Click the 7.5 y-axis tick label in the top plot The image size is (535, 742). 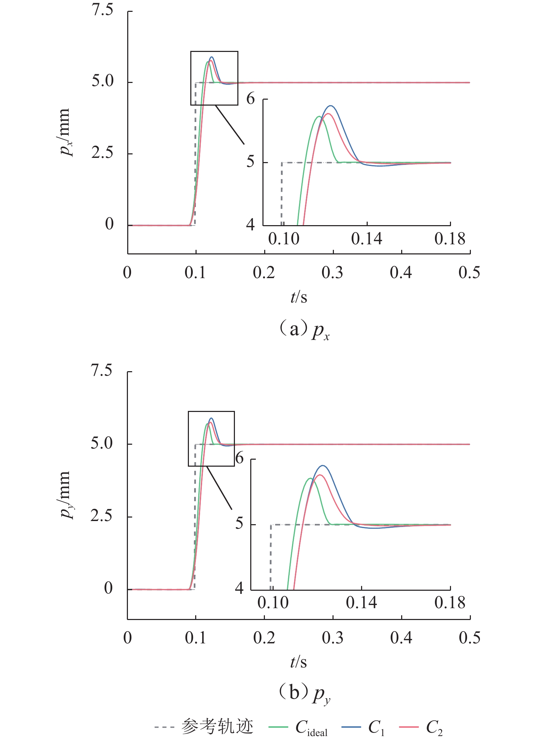(102, 10)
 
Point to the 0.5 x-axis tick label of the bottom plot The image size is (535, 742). (469, 637)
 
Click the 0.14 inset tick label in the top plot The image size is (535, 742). (367, 239)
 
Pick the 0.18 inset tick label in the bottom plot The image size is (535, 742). (450, 603)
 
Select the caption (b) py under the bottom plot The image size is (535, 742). (304, 694)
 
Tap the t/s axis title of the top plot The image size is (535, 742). (299, 297)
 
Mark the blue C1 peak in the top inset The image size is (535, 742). (330, 106)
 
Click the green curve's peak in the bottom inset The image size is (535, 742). (310, 478)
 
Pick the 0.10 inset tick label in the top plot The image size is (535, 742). (284, 239)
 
